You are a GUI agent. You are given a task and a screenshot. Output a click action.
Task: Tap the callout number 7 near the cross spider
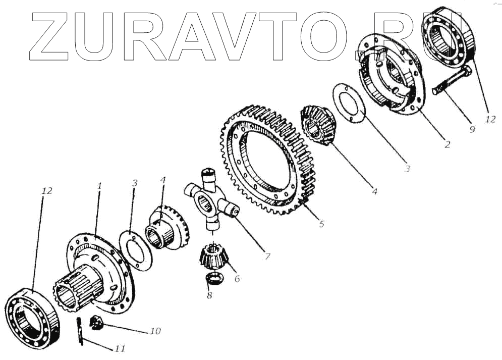pos(267,256)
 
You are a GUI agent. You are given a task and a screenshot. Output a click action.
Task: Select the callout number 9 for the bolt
pos(472,129)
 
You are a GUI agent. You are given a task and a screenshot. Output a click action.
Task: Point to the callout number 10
pos(154,331)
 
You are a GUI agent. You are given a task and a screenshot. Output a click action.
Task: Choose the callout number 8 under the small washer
pos(209,295)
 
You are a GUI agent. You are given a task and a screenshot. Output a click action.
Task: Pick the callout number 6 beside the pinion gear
pos(237,278)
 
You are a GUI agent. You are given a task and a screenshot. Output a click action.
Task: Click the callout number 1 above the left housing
pos(99,186)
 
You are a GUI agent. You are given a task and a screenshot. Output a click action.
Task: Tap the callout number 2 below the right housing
pos(447,144)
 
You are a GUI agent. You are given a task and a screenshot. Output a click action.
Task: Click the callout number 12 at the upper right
pos(490,119)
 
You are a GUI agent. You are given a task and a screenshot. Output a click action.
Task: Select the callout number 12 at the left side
pos(47,191)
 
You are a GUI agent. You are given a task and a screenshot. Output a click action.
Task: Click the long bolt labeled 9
pos(452,83)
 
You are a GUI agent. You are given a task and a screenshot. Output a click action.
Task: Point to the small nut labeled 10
pos(96,322)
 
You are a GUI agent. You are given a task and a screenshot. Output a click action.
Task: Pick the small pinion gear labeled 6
pos(212,255)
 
